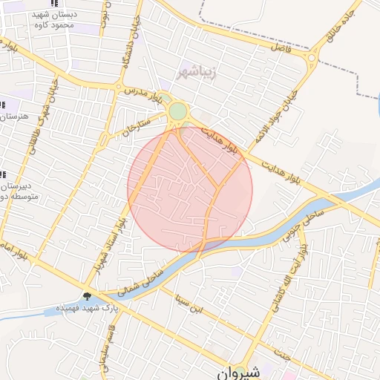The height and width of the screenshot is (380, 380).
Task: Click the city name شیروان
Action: [240, 373]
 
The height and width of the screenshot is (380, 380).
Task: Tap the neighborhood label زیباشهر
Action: [196, 72]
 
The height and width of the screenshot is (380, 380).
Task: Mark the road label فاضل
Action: [283, 46]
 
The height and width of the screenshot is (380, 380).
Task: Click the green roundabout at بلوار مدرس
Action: [177, 112]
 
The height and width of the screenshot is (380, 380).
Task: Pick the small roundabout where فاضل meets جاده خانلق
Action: [312, 56]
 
